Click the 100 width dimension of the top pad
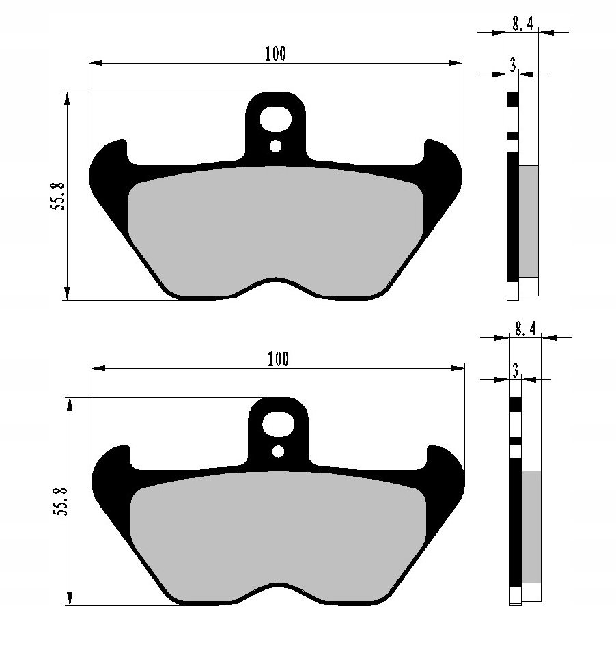coord(275,54)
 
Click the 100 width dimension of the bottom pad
coord(278,359)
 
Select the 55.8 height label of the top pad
coord(57,196)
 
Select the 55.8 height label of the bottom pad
coord(60,501)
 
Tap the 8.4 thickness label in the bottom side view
coord(525,329)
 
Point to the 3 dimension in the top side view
coord(513,65)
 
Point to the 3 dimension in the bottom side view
coord(516,370)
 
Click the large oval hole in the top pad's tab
coord(275,119)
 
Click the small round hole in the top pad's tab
coord(275,145)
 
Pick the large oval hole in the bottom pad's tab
coord(278,424)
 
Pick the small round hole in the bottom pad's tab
coord(278,451)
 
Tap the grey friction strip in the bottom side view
coord(531,526)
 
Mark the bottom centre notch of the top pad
coord(275,281)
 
